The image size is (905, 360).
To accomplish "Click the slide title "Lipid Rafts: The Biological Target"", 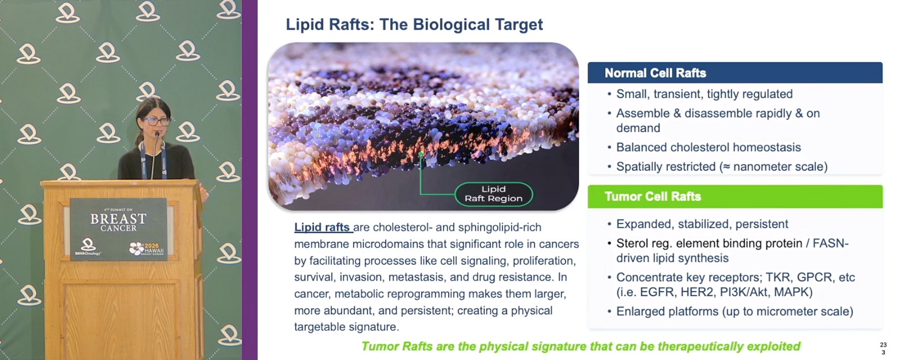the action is click(x=414, y=25).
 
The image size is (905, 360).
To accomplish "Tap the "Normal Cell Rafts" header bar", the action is click(x=735, y=73).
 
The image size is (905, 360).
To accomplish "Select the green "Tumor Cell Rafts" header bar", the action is click(x=735, y=196).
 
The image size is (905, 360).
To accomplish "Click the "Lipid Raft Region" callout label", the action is click(x=493, y=194).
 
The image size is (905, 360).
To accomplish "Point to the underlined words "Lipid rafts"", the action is click(x=322, y=227).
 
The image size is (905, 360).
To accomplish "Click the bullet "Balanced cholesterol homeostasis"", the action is click(x=708, y=147).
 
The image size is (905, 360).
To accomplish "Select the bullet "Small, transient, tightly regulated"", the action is click(x=704, y=94).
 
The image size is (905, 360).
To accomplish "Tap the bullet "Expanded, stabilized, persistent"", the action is click(x=702, y=224).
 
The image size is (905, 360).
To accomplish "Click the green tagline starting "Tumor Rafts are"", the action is click(x=580, y=346).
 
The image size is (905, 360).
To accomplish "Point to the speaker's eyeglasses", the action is click(x=157, y=121).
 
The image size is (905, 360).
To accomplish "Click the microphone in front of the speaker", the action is click(x=155, y=154).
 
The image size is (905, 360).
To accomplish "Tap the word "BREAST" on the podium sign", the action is click(x=118, y=219).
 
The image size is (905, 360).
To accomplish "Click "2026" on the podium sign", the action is click(x=152, y=246).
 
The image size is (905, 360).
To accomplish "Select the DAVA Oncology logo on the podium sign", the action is click(x=88, y=247).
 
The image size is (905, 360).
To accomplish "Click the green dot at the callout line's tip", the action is click(x=421, y=154).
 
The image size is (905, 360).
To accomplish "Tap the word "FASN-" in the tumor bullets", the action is click(x=831, y=243).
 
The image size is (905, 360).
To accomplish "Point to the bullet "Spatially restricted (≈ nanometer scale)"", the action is click(x=721, y=166).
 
